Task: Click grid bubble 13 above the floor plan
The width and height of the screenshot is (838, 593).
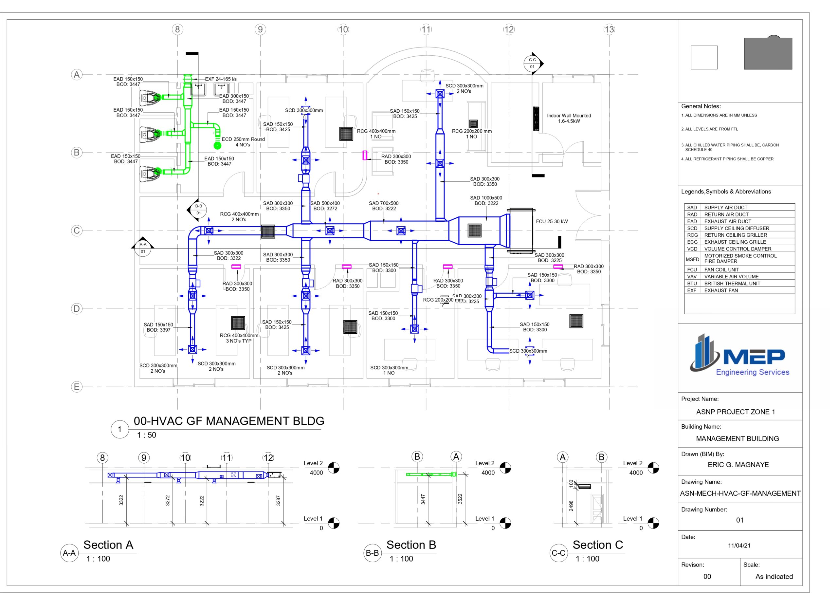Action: coord(609,29)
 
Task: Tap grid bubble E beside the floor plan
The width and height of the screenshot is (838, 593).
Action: coord(77,387)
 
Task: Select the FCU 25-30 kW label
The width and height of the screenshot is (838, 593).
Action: coord(552,221)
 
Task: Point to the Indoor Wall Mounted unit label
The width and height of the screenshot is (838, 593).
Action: coord(569,118)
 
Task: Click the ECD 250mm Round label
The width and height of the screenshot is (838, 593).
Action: coord(243,142)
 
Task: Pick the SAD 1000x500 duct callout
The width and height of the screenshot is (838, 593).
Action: coord(486,200)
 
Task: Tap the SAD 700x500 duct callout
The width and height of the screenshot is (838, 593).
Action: coord(384,206)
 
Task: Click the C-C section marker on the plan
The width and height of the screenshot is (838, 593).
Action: coord(533,63)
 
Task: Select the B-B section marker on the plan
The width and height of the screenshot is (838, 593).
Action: coord(197,210)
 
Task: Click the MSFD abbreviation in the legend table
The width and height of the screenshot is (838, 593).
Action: coord(692,259)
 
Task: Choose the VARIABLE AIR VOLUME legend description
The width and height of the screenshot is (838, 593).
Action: coord(731,277)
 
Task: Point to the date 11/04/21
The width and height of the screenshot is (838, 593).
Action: coord(739,546)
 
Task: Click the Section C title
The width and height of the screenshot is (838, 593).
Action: coord(597,545)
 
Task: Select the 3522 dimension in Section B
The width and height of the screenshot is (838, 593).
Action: coord(460,499)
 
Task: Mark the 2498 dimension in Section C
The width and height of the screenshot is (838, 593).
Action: coord(571,506)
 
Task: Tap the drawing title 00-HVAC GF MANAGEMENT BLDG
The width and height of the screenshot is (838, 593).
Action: coord(229,421)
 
